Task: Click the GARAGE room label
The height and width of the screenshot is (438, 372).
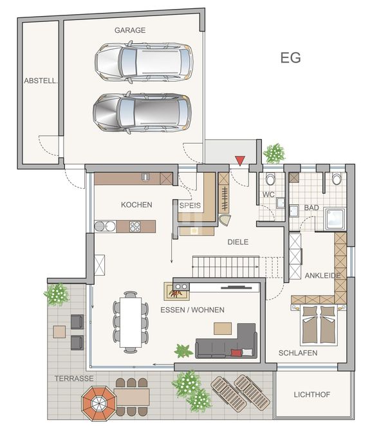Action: click(x=130, y=30)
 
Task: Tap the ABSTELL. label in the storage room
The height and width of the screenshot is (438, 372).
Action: click(x=41, y=81)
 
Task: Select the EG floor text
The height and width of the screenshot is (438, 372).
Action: click(x=290, y=57)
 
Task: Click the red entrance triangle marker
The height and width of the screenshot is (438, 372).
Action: click(x=239, y=160)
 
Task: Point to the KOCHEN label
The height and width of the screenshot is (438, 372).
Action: click(x=136, y=205)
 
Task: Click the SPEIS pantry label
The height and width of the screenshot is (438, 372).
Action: click(x=190, y=205)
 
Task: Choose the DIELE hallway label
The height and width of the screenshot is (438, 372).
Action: click(x=237, y=242)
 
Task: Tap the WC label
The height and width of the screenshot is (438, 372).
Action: click(x=268, y=195)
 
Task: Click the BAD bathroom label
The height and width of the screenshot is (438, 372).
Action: click(x=312, y=208)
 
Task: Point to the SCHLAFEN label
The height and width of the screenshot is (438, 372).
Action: click(x=298, y=353)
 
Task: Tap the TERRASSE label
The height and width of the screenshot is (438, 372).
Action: click(x=75, y=378)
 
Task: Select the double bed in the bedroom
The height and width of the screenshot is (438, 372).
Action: click(x=319, y=325)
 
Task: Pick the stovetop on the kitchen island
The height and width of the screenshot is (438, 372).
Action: click(x=135, y=226)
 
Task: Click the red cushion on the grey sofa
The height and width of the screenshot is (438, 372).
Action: click(x=237, y=352)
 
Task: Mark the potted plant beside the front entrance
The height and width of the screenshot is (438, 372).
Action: click(x=275, y=153)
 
